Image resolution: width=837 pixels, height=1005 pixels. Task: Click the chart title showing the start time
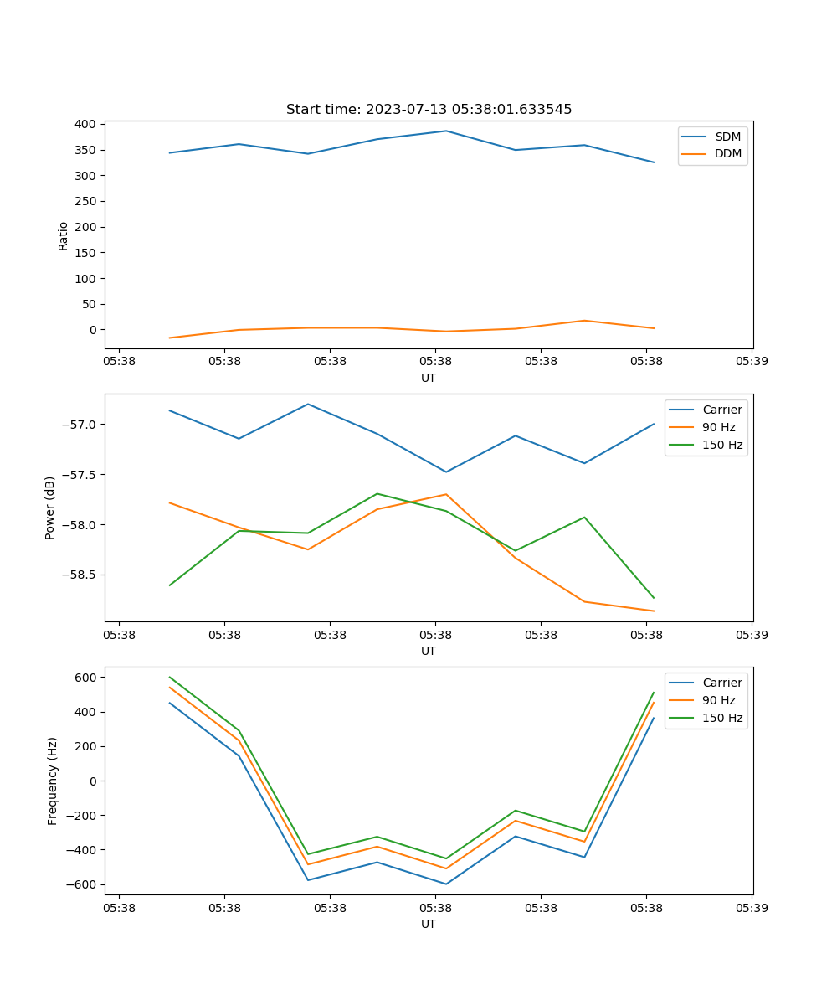(429, 110)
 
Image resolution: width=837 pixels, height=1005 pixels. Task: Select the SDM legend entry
(727, 137)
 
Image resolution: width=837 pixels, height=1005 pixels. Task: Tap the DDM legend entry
(727, 154)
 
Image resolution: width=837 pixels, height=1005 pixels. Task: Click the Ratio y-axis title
(63, 236)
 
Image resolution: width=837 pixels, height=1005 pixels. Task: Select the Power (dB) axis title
(50, 508)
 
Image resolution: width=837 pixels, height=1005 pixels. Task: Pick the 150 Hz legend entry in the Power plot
(722, 445)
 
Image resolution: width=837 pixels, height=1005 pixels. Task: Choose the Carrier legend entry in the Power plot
(722, 410)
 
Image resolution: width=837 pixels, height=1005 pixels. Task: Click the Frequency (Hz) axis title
(52, 781)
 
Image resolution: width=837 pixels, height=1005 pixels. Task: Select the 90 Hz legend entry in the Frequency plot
(719, 700)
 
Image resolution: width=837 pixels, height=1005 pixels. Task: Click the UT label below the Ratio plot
(429, 378)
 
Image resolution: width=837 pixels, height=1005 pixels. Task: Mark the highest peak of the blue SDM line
(446, 131)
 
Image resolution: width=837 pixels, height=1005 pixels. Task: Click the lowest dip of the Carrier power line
(446, 472)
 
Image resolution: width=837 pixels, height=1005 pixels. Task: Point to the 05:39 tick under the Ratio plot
(752, 362)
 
